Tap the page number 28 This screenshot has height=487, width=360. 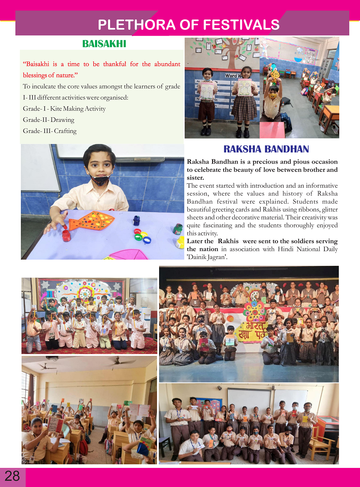click(12, 476)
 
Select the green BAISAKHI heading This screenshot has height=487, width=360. click(104, 44)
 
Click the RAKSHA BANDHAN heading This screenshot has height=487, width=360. click(266, 149)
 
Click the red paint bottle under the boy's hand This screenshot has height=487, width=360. click(66, 236)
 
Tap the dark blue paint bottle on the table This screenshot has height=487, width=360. click(136, 220)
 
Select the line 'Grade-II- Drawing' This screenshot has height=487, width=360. click(49, 120)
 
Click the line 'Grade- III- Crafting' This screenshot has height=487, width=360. click(50, 131)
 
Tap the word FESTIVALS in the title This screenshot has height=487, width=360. click(241, 24)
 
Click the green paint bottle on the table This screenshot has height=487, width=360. click(178, 229)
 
